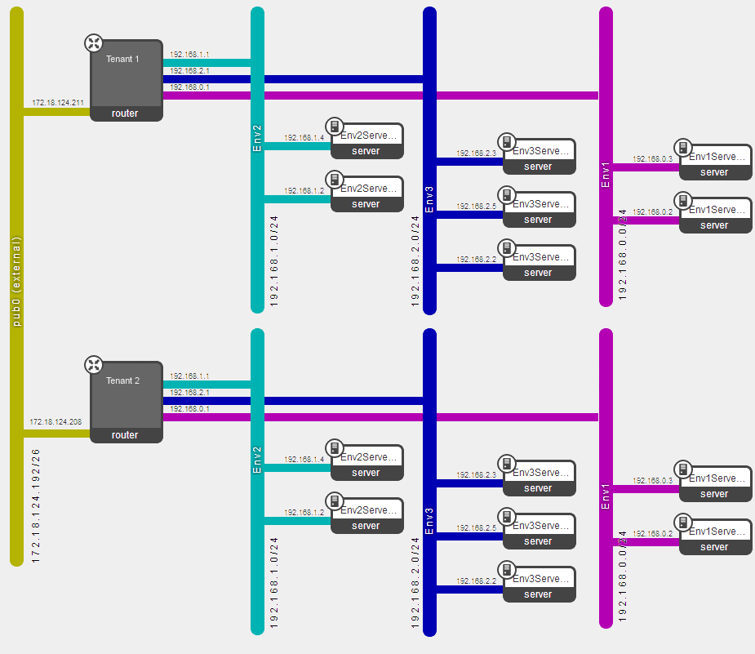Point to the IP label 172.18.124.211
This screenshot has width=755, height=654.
tap(57, 103)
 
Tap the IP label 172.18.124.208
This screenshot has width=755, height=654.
tap(55, 422)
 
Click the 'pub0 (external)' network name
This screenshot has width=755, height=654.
tap(16, 282)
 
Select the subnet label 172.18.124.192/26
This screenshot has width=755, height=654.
tap(36, 505)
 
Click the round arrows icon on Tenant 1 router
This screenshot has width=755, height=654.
tap(95, 43)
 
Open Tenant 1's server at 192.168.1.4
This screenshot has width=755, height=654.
tap(366, 142)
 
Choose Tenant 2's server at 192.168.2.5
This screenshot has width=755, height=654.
tap(539, 532)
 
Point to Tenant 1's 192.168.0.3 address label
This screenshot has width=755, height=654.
tap(652, 159)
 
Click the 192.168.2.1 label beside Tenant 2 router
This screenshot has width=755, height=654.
tap(189, 393)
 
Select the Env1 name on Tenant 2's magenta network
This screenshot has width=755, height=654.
tap(606, 497)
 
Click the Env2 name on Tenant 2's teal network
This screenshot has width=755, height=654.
tap(257, 460)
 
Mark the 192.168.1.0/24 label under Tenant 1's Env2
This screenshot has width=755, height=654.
tap(274, 260)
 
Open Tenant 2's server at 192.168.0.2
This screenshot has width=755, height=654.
tap(715, 538)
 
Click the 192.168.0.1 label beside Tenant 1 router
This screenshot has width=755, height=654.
tap(189, 87)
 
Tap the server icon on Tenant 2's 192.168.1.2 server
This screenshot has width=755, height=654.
tap(334, 501)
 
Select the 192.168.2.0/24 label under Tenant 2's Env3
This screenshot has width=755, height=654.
tap(416, 583)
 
